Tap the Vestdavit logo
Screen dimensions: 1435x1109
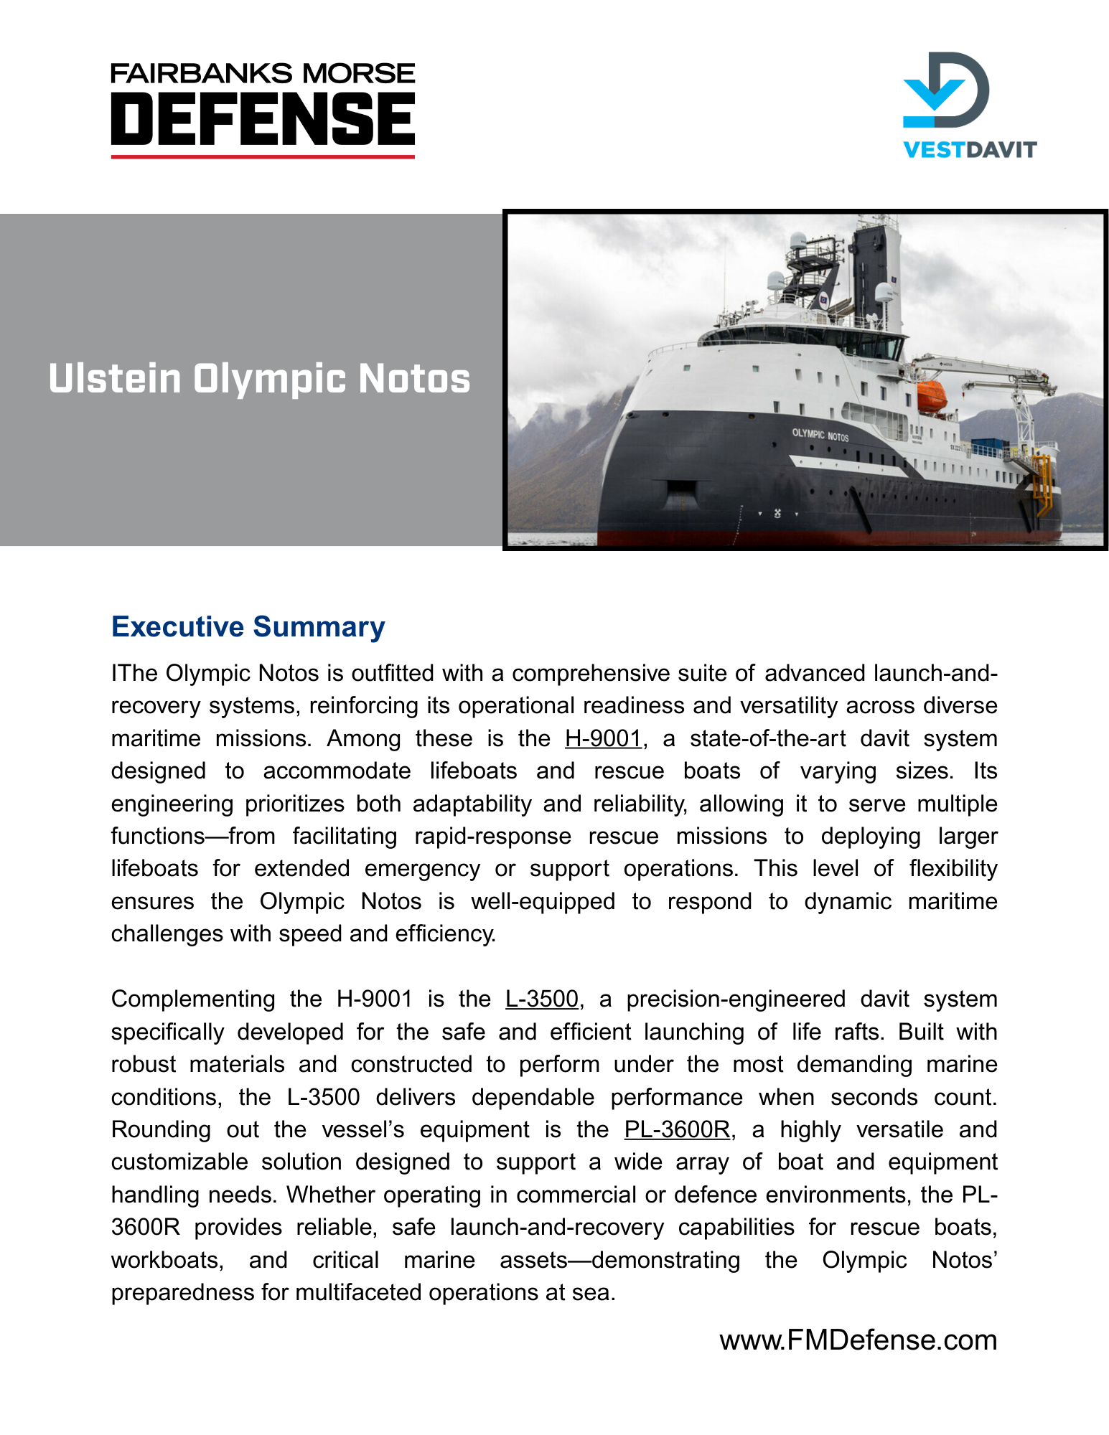[x=969, y=105]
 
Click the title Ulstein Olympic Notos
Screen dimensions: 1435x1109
[x=259, y=379]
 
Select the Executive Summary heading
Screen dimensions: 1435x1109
[x=248, y=626]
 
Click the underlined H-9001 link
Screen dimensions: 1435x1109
[x=602, y=738]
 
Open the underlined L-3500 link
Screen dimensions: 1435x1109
[x=541, y=999]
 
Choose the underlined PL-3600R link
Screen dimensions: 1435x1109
[x=677, y=1129]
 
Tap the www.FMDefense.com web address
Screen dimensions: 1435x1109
[x=858, y=1340]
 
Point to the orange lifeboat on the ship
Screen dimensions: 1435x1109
[x=931, y=397]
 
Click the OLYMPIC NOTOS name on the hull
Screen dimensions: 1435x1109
[x=820, y=435]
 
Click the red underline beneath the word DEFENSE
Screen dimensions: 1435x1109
[x=263, y=156]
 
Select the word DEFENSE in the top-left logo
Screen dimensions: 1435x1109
[x=263, y=118]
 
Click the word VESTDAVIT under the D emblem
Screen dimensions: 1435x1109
[x=969, y=149]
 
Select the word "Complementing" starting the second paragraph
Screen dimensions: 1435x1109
[x=193, y=999]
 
